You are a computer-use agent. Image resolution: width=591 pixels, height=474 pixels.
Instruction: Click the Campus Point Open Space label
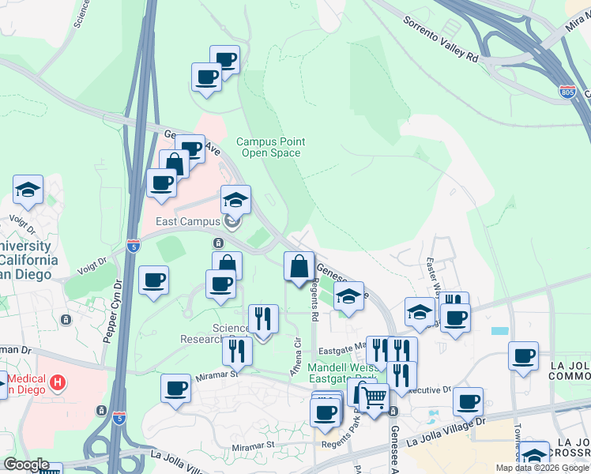(271, 147)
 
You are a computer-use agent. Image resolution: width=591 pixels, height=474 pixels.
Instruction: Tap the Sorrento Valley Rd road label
(441, 38)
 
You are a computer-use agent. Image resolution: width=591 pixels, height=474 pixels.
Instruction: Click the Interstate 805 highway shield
(567, 91)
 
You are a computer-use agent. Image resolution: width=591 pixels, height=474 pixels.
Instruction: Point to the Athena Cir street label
(297, 358)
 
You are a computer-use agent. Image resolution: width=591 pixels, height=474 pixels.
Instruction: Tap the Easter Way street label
(431, 273)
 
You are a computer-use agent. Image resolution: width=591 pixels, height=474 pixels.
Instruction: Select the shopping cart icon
(374, 399)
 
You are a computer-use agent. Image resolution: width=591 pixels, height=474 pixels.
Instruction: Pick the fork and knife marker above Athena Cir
(263, 318)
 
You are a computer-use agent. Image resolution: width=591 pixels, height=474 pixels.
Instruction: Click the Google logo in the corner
(25, 465)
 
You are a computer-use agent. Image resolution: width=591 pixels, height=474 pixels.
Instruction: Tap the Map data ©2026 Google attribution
(542, 468)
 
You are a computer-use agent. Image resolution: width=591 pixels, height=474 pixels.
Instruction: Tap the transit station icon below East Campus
(218, 243)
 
